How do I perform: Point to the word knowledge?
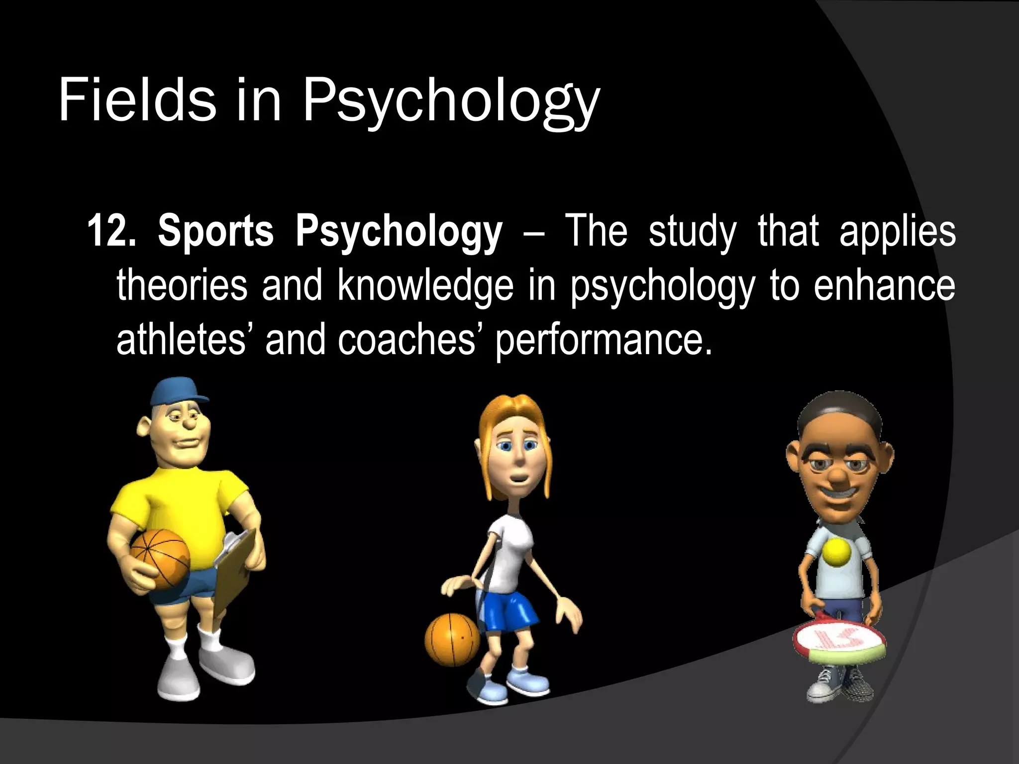(425, 286)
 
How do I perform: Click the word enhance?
(884, 286)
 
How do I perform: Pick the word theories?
(182, 286)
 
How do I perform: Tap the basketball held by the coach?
(160, 558)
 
